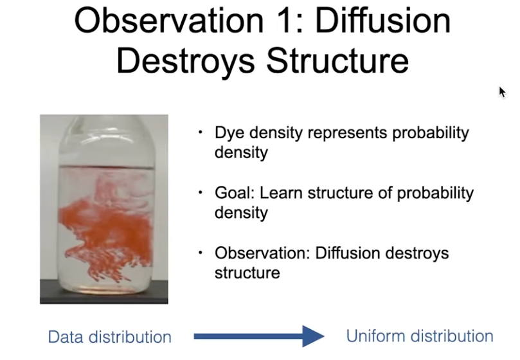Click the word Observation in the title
(169, 21)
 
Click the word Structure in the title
(337, 60)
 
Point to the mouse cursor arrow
(502, 92)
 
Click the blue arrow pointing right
(258, 336)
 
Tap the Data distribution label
(110, 337)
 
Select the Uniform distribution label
(420, 336)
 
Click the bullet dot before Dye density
(201, 132)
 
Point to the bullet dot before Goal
(201, 192)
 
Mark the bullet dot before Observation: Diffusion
(201, 253)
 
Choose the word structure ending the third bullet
(247, 273)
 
